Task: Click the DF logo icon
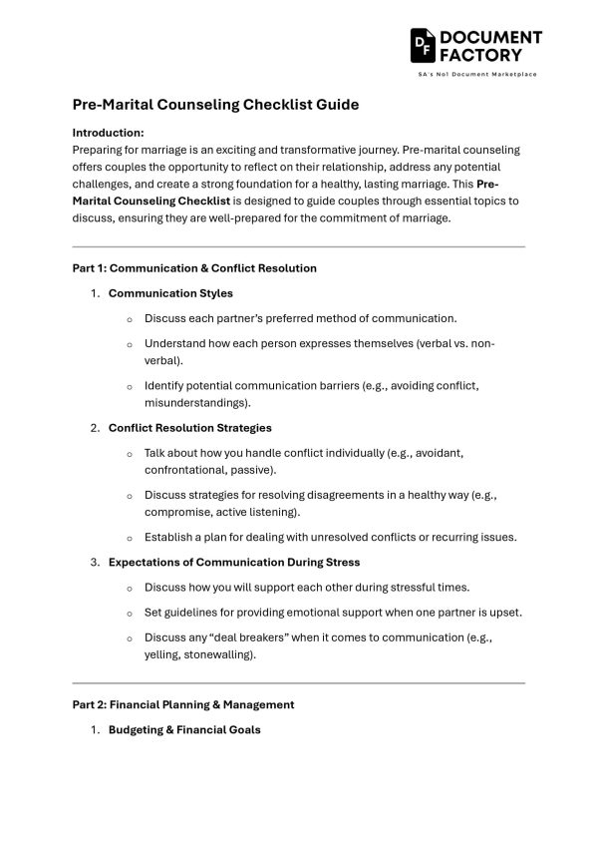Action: click(x=423, y=46)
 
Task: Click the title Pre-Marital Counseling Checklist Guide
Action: click(x=215, y=105)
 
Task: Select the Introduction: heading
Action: click(x=109, y=132)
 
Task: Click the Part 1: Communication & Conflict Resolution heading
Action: click(x=194, y=267)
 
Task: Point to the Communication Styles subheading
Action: click(x=170, y=293)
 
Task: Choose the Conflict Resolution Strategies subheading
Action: click(x=189, y=428)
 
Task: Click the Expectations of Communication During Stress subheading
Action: click(x=234, y=563)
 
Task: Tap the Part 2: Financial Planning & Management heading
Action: click(x=183, y=704)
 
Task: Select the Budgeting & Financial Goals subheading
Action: click(x=184, y=729)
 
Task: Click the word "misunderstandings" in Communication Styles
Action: click(x=195, y=403)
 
